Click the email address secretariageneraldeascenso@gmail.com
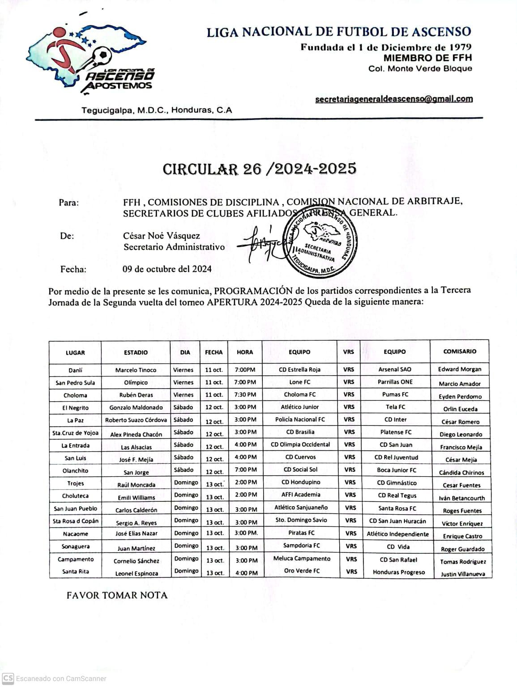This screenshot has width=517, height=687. tap(393, 99)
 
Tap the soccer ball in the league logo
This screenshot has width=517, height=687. tap(103, 56)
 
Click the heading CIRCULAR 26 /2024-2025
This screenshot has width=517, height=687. tap(259, 169)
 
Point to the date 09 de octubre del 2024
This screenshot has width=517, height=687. tap(167, 269)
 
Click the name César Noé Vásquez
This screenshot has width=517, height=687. tap(162, 236)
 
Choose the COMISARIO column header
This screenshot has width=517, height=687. tap(459, 352)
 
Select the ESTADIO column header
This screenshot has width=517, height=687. tap(136, 352)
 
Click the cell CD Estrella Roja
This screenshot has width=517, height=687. tap(299, 369)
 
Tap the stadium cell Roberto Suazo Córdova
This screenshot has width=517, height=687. tap(136, 420)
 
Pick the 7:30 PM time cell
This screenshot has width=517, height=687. tap(245, 394)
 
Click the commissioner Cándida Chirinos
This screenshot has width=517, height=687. tap(461, 472)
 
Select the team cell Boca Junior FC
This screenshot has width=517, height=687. tap(396, 470)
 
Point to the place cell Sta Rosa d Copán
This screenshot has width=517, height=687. tap(75, 521)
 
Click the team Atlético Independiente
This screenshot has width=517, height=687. tap(397, 534)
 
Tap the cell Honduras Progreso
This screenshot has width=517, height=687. tap(398, 572)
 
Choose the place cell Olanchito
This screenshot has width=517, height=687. tap(75, 471)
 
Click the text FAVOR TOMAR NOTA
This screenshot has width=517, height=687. tap(117, 595)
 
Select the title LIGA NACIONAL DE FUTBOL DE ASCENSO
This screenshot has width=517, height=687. tap(338, 32)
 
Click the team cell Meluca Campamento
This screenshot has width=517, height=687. tap(302, 559)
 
